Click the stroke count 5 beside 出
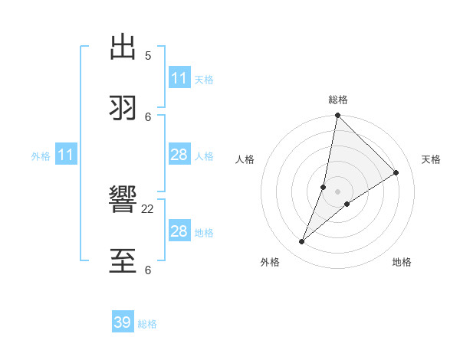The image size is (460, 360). tap(148, 55)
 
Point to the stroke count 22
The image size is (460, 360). tap(148, 208)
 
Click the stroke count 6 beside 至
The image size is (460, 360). tap(148, 270)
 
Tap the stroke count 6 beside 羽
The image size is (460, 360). tap(148, 116)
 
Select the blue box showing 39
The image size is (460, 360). tap(123, 322)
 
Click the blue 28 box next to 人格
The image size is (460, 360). tap(179, 155)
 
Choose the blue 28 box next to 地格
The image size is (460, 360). tap(179, 231)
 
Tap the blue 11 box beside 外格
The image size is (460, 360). tap(66, 155)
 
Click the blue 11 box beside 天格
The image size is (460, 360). tap(179, 78)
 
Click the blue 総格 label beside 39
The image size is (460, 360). tap(147, 324)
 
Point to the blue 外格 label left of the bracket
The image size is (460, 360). tap(41, 156)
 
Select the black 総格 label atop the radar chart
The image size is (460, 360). tap(338, 100)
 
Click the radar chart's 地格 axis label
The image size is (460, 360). tap(402, 263)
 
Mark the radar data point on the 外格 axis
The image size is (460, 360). tap(302, 242)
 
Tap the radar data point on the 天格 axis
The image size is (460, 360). tap(396, 172)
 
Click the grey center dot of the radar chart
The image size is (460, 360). tap(338, 191)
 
